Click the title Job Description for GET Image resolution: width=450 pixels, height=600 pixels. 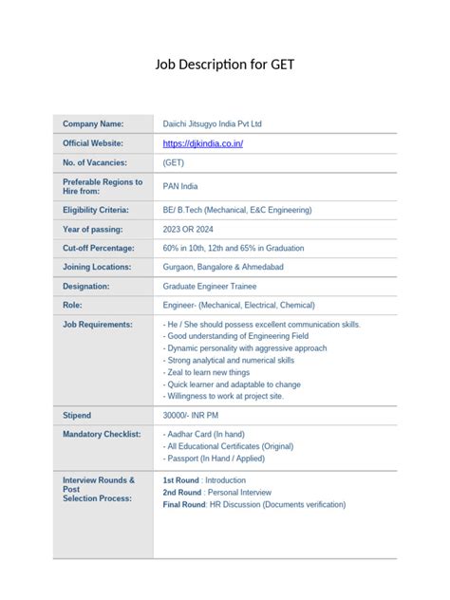coord(225,65)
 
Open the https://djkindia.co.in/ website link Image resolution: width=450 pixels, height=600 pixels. coord(203,143)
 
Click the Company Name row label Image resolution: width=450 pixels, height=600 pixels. coord(93,124)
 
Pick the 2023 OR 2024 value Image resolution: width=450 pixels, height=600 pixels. coord(193,229)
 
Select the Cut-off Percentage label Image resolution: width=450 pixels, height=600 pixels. coord(99,248)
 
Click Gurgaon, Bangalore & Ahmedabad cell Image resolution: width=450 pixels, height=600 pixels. coord(223,267)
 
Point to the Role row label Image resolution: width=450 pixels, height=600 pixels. coord(72,305)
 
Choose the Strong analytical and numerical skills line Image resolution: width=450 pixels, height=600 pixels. coord(229,361)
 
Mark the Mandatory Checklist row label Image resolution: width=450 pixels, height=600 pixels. coord(102,434)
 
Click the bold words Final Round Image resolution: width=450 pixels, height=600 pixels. coord(184,505)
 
